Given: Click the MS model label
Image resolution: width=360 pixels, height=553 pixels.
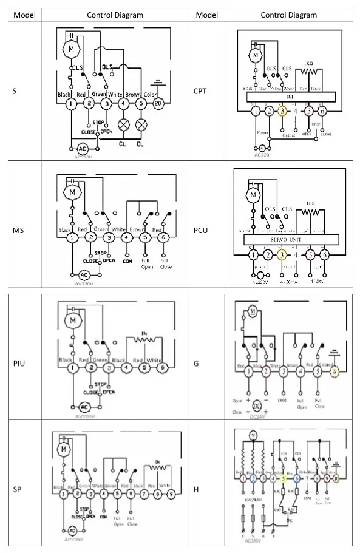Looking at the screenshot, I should (x=19, y=230).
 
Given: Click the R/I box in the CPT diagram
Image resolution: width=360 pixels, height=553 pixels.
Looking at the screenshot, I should (x=291, y=97).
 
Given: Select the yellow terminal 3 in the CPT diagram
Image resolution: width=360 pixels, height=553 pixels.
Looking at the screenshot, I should (x=282, y=111).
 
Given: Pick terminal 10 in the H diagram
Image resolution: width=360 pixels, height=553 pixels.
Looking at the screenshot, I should (x=335, y=478).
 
